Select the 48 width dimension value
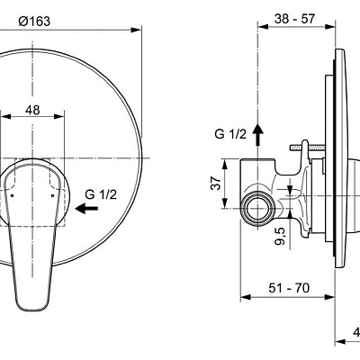pos(32,109)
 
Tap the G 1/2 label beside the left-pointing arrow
pos(101,193)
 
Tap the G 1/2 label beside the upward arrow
pos(229,134)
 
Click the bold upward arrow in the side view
pos(259,134)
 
